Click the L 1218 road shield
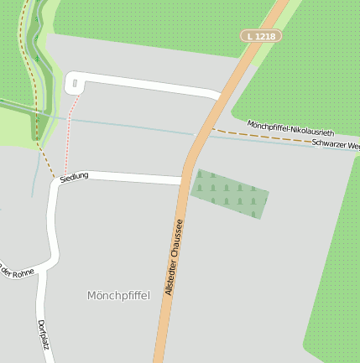click(260, 36)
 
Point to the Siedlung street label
click(74, 176)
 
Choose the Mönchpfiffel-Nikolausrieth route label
click(290, 128)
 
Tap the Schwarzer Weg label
click(335, 145)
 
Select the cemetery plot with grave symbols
click(229, 194)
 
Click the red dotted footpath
click(70, 130)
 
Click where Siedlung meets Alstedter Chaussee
click(183, 179)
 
